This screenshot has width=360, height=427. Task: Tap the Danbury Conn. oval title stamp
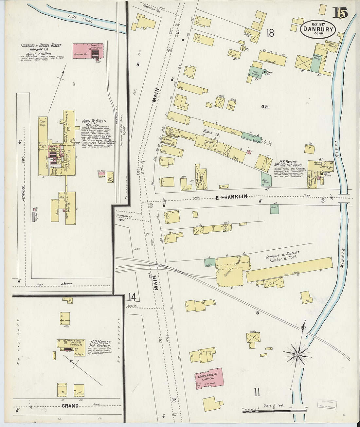318,29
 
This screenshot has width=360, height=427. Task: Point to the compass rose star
298,354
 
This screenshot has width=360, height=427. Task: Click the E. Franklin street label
231,197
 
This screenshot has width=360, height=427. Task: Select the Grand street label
70,406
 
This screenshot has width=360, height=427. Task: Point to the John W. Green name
94,121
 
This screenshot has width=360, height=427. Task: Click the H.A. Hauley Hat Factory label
100,344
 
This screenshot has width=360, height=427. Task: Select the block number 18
270,33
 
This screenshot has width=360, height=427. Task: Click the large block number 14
132,297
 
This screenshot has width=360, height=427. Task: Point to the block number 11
257,392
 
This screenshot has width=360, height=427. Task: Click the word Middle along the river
344,259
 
